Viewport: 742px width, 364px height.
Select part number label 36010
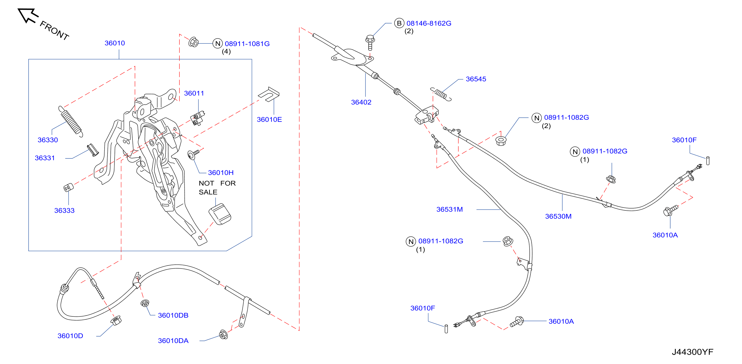pyautogui.click(x=115, y=43)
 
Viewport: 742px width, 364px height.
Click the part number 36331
pyautogui.click(x=45, y=158)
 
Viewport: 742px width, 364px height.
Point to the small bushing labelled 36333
pyautogui.click(x=69, y=187)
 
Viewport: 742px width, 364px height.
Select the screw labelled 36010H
pyautogui.click(x=193, y=154)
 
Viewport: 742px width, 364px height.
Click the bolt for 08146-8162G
pyautogui.click(x=370, y=42)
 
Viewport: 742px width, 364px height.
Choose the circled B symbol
pyautogui.click(x=399, y=23)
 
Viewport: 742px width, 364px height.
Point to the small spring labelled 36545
pyautogui.click(x=441, y=94)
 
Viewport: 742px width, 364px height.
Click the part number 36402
pyautogui.click(x=361, y=102)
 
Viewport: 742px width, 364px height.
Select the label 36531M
pyautogui.click(x=449, y=209)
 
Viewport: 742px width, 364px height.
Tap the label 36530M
pyautogui.click(x=558, y=216)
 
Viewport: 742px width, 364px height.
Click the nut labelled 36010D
pyautogui.click(x=116, y=320)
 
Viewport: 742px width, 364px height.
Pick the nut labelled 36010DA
pyautogui.click(x=224, y=334)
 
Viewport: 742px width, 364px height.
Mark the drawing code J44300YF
pyautogui.click(x=693, y=352)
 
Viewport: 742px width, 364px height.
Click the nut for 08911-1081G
pyautogui.click(x=193, y=42)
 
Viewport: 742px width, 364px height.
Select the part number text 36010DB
pyautogui.click(x=173, y=315)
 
